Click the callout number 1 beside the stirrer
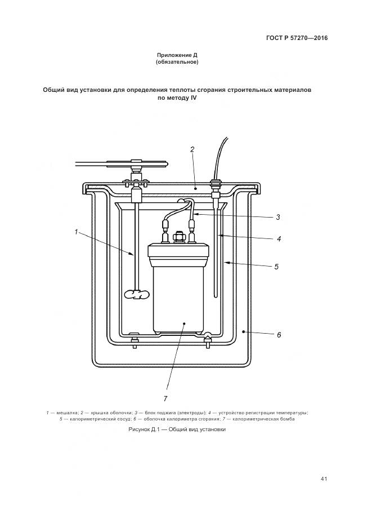tap(75, 230)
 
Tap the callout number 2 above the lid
tap(192, 150)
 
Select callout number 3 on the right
tap(278, 217)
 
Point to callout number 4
tap(278, 238)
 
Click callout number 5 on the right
tap(276, 266)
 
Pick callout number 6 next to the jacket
tap(279, 334)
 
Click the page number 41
tap(324, 479)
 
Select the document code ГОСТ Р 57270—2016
tap(297, 38)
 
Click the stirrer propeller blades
tap(136, 294)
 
